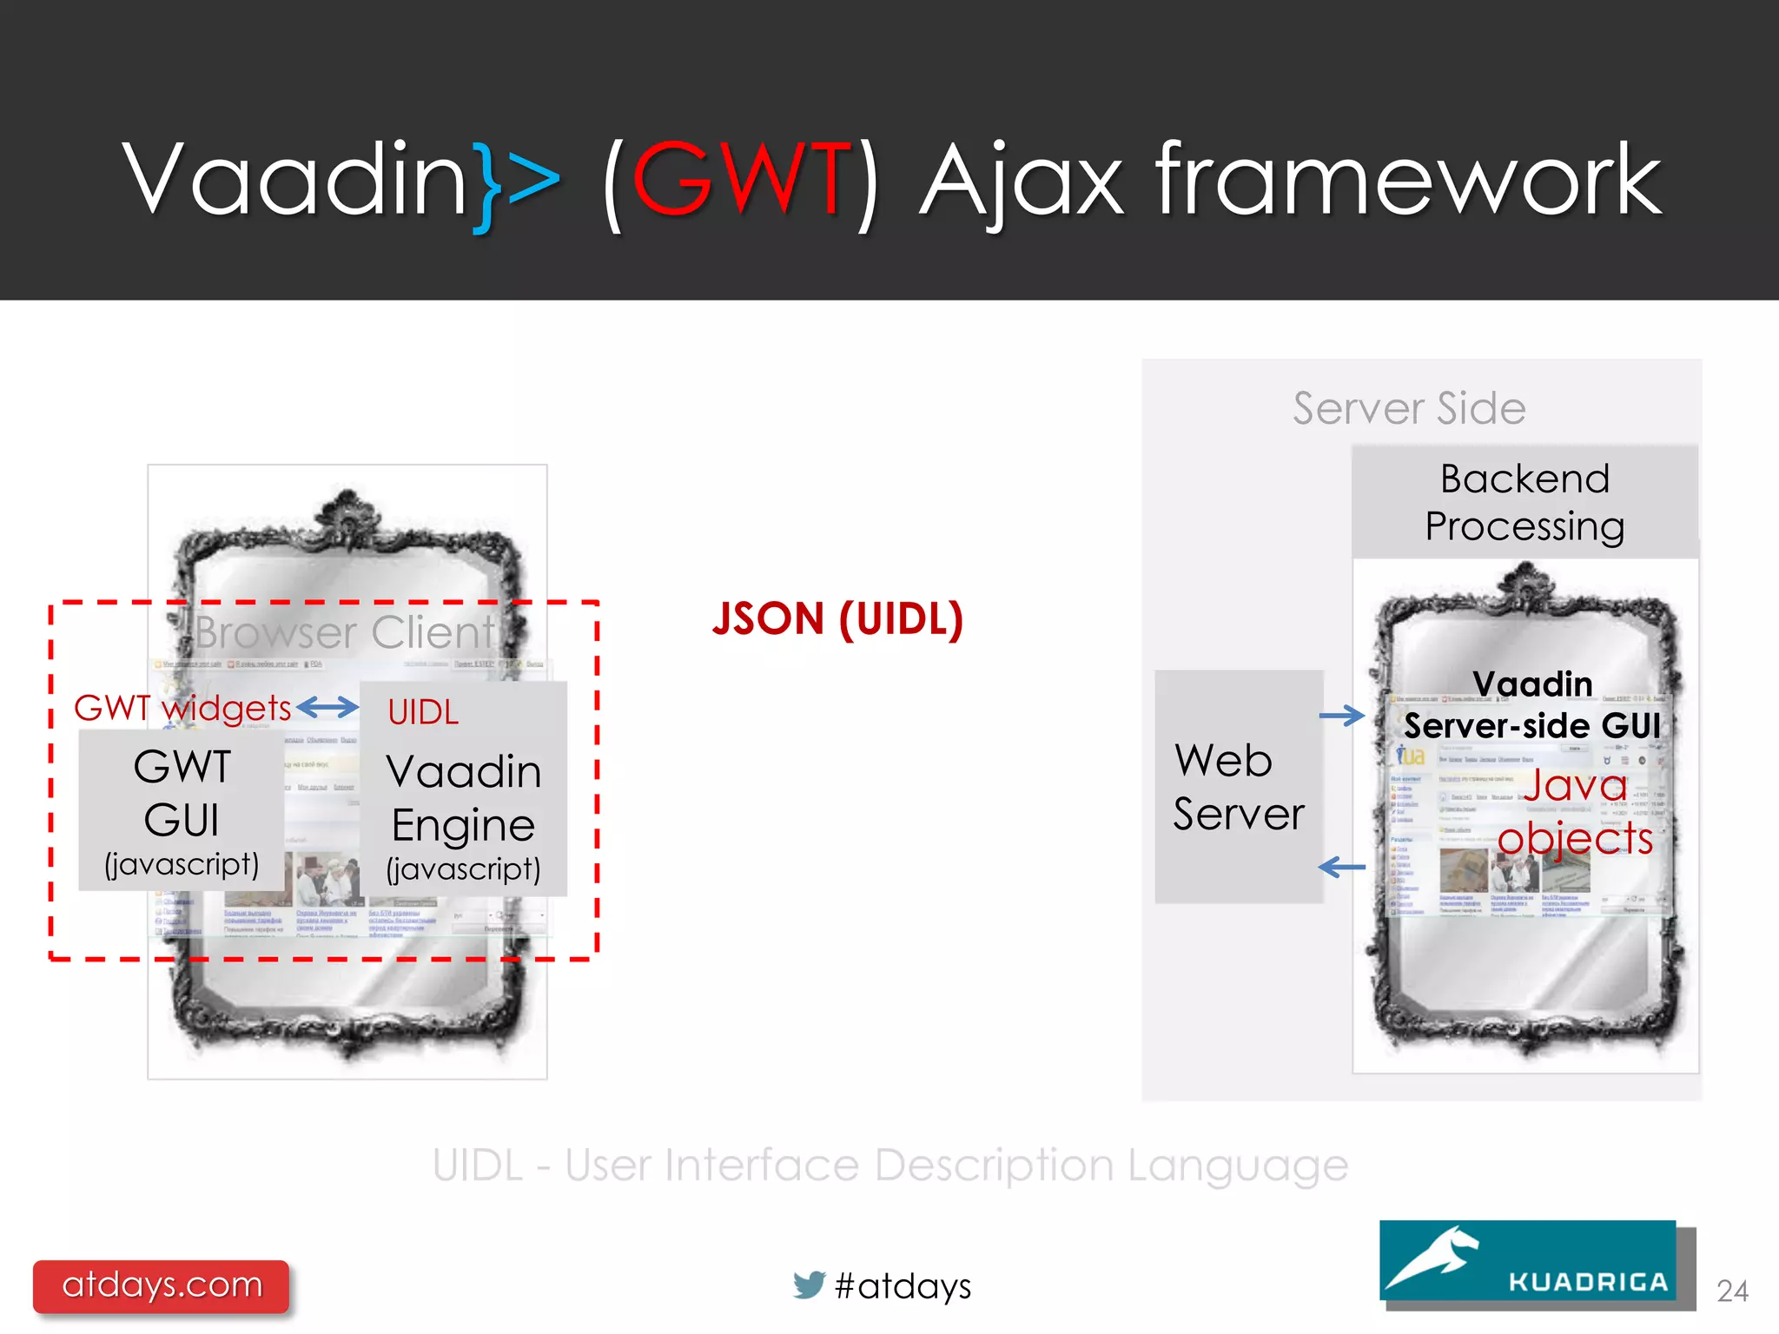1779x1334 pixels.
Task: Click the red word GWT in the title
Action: click(740, 180)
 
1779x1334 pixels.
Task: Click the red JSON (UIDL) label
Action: click(837, 619)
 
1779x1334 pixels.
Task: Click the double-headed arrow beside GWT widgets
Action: click(327, 708)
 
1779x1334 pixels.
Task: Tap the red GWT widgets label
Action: click(182, 708)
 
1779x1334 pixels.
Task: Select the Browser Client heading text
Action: click(344, 632)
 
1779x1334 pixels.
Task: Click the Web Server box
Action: click(1238, 787)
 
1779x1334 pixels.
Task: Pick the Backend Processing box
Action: click(1524, 502)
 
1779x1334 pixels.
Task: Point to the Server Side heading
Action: click(1409, 408)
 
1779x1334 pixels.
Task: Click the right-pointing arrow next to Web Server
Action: click(1341, 716)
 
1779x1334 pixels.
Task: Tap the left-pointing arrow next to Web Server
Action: click(1341, 867)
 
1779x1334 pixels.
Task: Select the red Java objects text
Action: click(1575, 811)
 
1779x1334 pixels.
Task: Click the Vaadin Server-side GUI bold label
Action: click(1532, 705)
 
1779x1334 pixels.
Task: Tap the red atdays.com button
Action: click(162, 1285)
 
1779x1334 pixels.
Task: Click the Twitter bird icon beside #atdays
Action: click(809, 1284)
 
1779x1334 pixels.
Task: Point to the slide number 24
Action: click(1732, 1291)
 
